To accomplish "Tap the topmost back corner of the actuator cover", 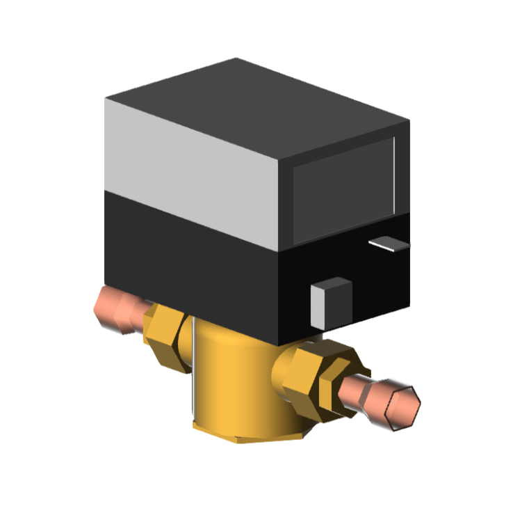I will (236, 59).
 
